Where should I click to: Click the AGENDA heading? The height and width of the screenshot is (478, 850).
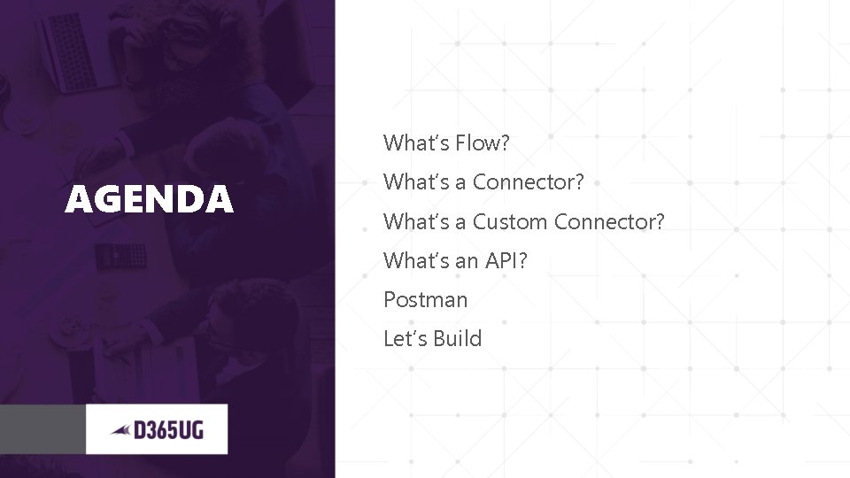point(149,200)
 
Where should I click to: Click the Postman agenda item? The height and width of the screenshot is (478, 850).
point(425,300)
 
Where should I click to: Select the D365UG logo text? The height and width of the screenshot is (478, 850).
point(168,430)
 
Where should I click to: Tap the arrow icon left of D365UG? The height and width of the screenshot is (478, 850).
point(120,431)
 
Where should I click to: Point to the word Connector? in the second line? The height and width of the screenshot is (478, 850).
point(529,182)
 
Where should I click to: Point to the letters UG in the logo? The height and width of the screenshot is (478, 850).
point(193,431)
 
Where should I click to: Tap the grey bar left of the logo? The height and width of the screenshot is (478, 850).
point(42,429)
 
